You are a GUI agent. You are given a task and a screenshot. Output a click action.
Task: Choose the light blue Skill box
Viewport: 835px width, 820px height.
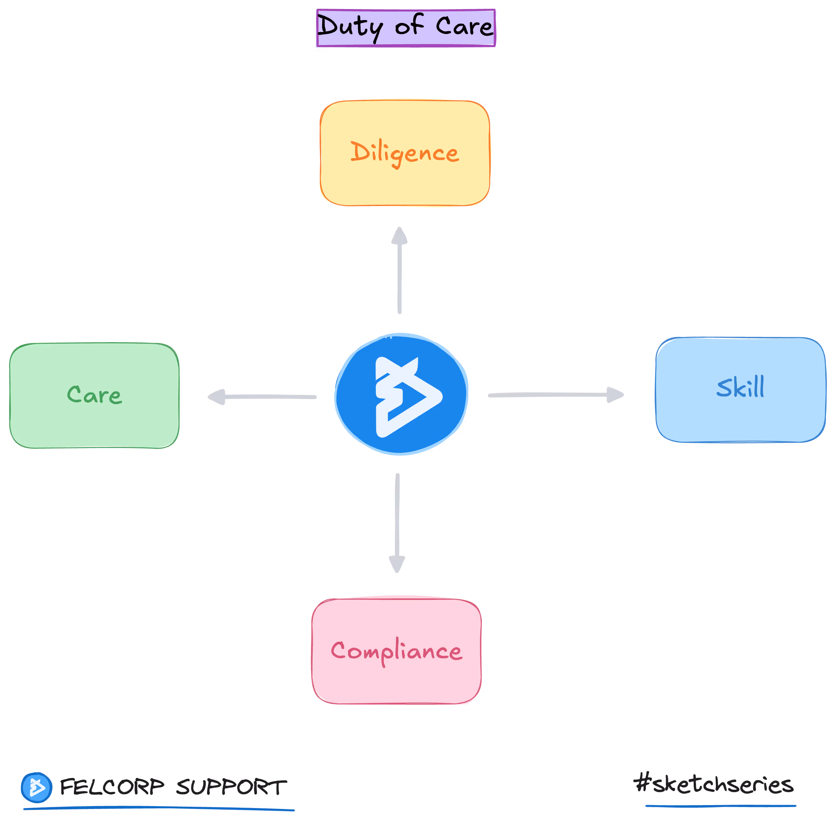(x=740, y=418)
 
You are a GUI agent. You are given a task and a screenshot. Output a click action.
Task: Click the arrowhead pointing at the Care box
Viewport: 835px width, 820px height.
(x=217, y=397)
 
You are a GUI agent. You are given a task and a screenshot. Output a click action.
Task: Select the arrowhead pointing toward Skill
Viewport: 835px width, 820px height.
(x=615, y=395)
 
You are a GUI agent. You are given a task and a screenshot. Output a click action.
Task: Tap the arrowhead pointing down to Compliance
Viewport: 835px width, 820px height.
(x=397, y=563)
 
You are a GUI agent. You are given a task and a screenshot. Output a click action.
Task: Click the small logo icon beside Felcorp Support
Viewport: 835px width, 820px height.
(x=37, y=788)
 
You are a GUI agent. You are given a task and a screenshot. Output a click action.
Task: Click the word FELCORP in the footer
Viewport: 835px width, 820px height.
(x=112, y=787)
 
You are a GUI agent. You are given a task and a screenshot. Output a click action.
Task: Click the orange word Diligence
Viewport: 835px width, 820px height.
(x=405, y=153)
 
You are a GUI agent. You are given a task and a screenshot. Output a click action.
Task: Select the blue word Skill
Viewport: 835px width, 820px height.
(x=740, y=387)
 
